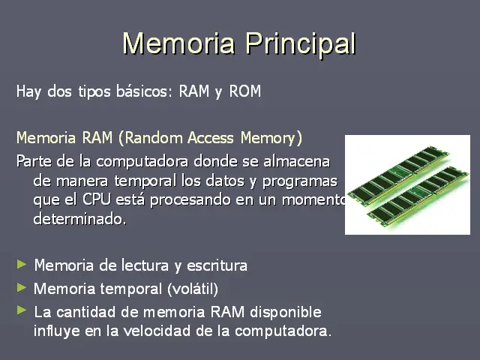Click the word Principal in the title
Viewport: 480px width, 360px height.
pyautogui.click(x=301, y=44)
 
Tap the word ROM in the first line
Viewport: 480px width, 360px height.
pyautogui.click(x=245, y=91)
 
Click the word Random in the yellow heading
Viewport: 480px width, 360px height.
pyautogui.click(x=151, y=138)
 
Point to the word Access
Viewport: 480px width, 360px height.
pyautogui.click(x=211, y=138)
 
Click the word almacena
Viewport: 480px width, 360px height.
pyautogui.click(x=297, y=162)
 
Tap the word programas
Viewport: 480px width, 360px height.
pyautogui.click(x=300, y=181)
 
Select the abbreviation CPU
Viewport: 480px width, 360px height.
pyautogui.click(x=97, y=200)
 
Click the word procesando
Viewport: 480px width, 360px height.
pyautogui.click(x=190, y=200)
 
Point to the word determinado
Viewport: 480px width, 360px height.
pyautogui.click(x=79, y=219)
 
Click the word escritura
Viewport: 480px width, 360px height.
pyautogui.click(x=217, y=265)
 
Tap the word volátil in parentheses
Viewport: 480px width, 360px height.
pyautogui.click(x=193, y=289)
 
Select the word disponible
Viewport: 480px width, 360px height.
pyautogui.click(x=286, y=313)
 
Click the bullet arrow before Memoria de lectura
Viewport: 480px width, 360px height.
pyautogui.click(x=22, y=264)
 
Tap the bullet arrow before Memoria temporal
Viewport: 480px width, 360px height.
pyautogui.click(x=22, y=287)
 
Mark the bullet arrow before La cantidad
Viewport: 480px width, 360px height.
pyautogui.click(x=22, y=310)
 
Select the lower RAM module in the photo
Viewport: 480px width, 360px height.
pyautogui.click(x=418, y=196)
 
